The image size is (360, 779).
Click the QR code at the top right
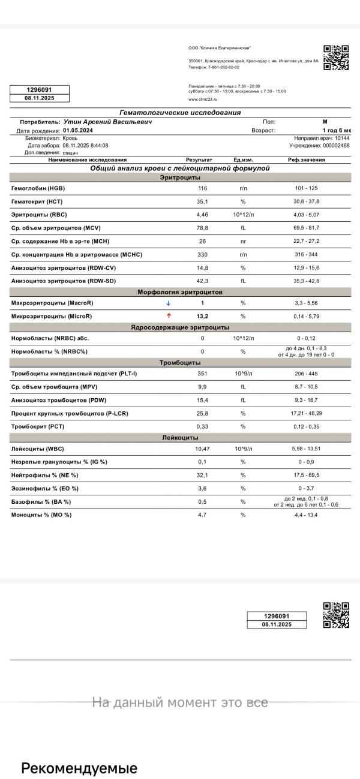click(336, 58)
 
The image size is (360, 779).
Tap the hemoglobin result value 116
click(202, 188)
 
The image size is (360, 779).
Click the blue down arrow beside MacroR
click(168, 303)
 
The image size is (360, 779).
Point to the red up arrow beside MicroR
click(169, 315)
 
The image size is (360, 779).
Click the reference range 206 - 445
click(307, 374)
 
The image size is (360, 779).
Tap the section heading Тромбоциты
click(180, 362)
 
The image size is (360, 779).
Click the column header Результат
click(199, 160)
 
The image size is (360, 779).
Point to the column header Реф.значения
click(306, 160)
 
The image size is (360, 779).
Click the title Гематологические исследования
click(180, 113)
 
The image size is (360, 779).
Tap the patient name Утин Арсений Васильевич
click(107, 122)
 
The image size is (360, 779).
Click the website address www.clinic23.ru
click(203, 98)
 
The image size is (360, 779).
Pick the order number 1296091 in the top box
click(40, 89)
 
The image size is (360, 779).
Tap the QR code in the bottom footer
click(336, 615)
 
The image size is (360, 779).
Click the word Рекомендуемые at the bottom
click(79, 768)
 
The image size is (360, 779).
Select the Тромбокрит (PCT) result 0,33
click(202, 426)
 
